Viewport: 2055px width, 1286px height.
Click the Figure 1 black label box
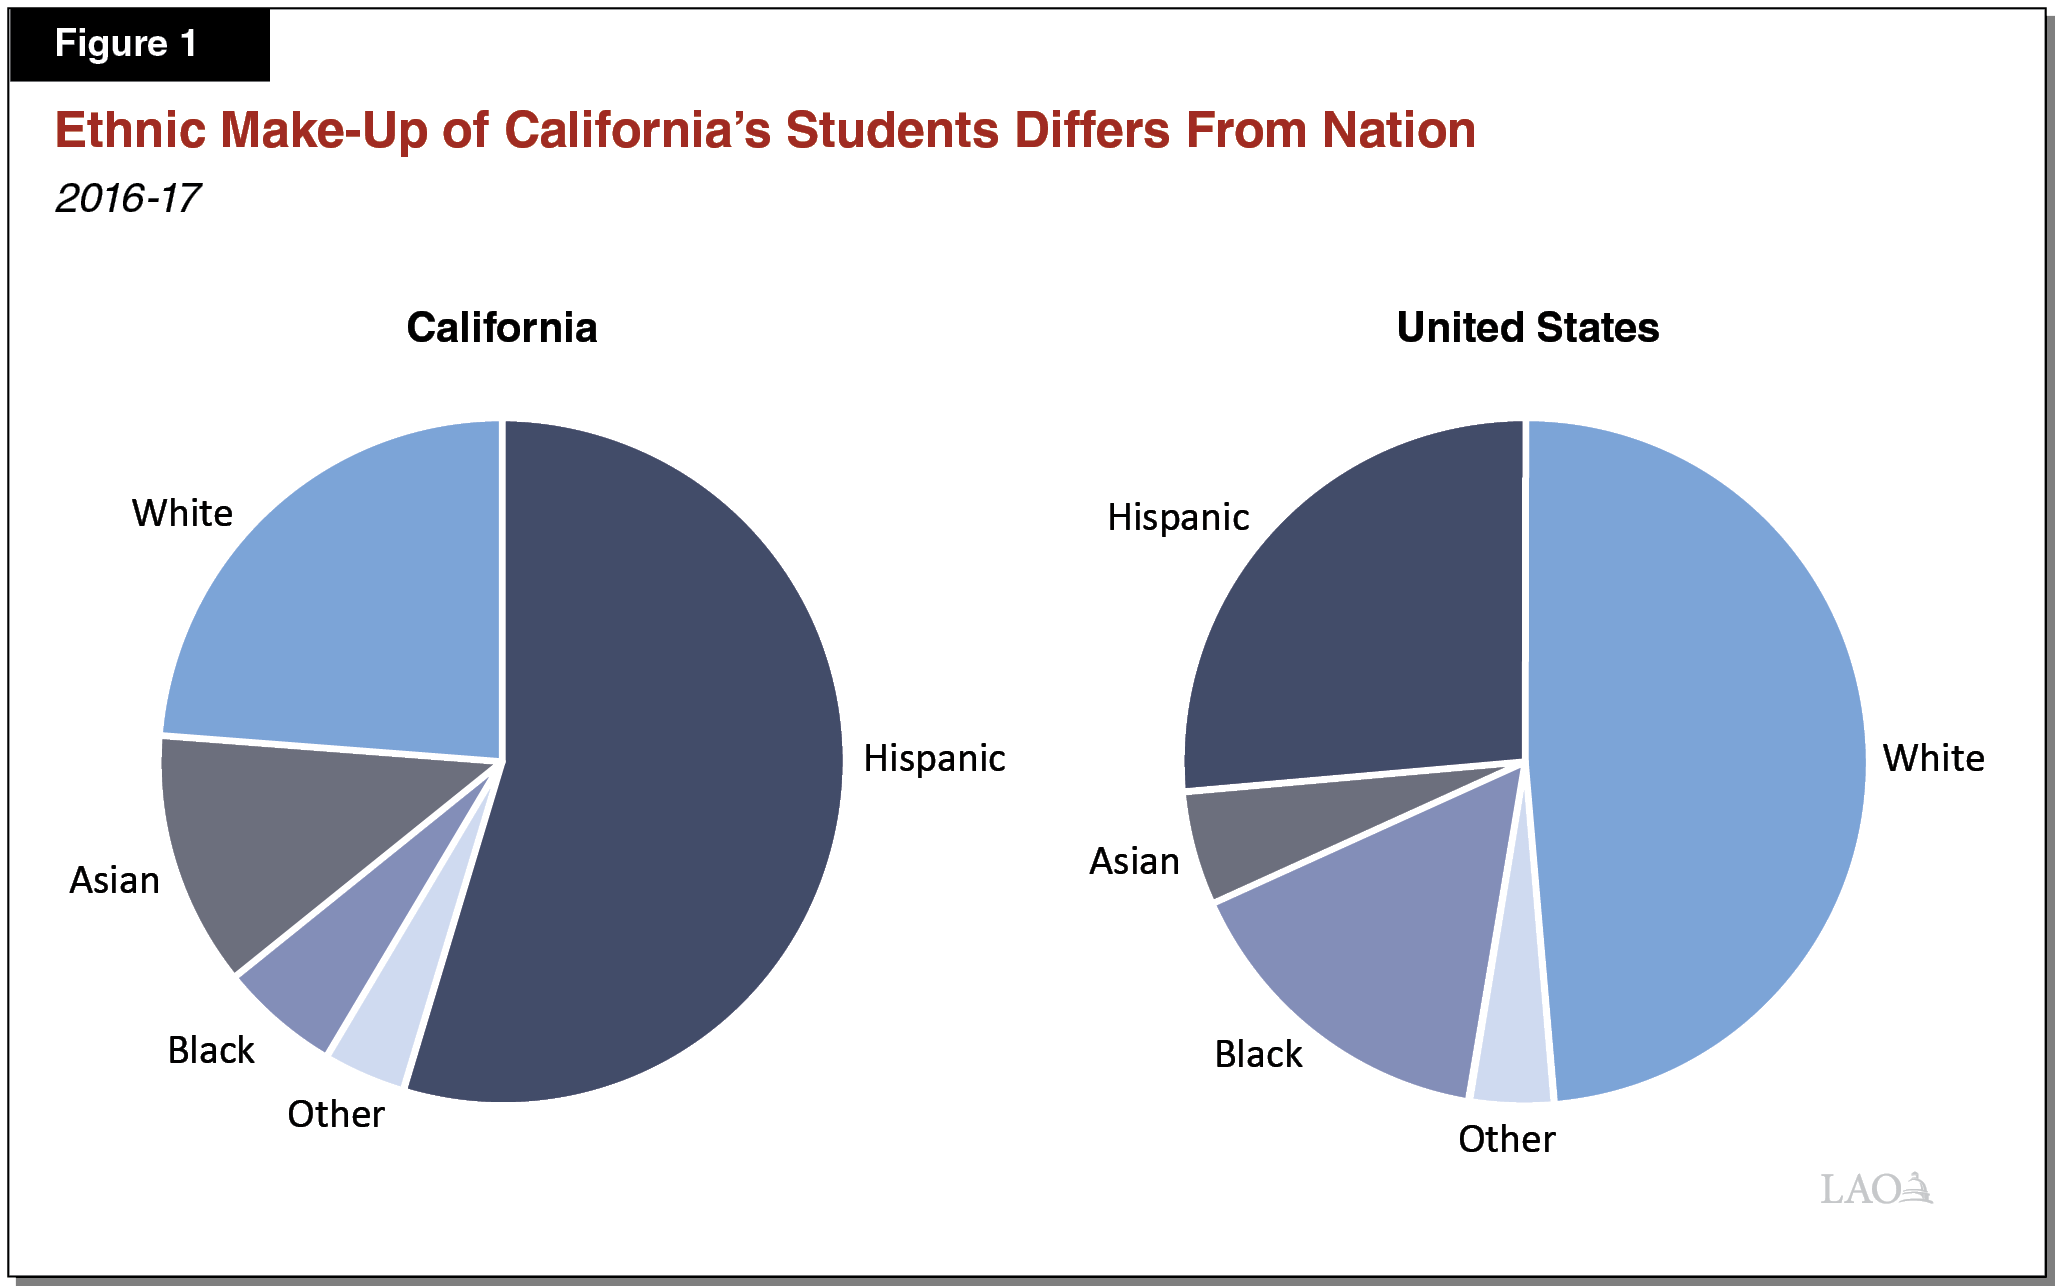(x=139, y=45)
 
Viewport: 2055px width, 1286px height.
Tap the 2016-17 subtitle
(x=128, y=198)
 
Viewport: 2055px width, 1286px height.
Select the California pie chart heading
(x=502, y=328)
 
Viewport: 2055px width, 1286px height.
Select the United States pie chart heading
(x=1527, y=328)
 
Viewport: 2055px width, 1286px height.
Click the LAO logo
(x=1876, y=1188)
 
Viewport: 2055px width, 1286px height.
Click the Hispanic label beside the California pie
(x=934, y=759)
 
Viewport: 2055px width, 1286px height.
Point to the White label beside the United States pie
(x=1933, y=759)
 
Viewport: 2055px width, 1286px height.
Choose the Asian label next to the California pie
(x=114, y=881)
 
